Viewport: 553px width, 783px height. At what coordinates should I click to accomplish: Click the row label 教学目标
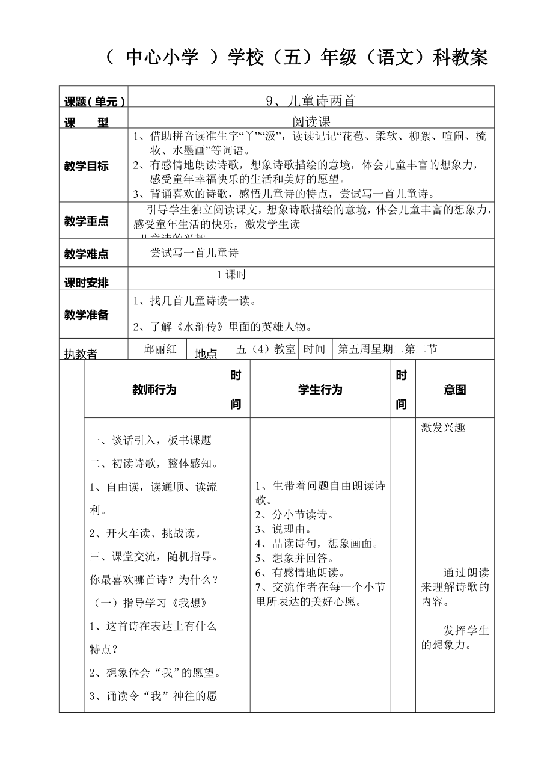(87, 167)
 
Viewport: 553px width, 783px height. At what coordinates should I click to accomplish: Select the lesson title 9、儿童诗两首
(311, 101)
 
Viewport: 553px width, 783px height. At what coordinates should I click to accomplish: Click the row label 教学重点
(87, 221)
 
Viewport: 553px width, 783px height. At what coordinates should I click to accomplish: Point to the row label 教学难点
(87, 254)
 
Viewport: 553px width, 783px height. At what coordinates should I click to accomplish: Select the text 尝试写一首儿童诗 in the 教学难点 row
(194, 253)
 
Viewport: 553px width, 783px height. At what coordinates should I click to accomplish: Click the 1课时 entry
(231, 275)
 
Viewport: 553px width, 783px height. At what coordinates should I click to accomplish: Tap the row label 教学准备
(87, 315)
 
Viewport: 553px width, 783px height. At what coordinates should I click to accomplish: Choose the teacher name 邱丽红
(160, 349)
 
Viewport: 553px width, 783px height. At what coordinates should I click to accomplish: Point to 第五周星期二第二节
(387, 349)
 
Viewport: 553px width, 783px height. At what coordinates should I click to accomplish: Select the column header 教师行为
(154, 390)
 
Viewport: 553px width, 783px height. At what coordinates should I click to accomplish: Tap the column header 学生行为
(320, 390)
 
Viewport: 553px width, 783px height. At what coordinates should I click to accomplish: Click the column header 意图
(455, 390)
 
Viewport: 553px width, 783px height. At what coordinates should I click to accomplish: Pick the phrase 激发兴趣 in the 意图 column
(443, 428)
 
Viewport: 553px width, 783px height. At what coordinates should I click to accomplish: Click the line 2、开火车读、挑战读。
(145, 533)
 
